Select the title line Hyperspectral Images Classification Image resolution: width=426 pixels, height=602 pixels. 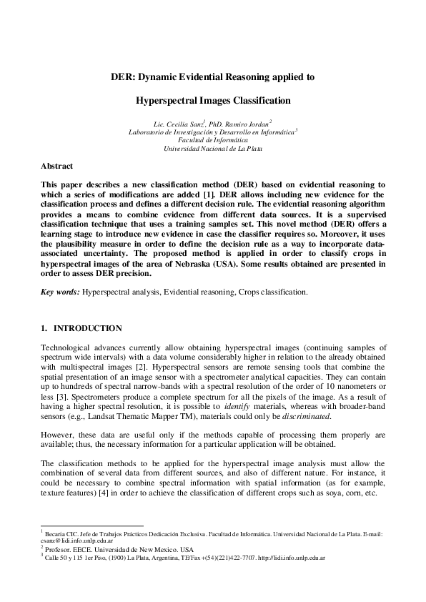pos(213,101)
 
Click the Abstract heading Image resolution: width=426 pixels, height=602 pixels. pos(56,166)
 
